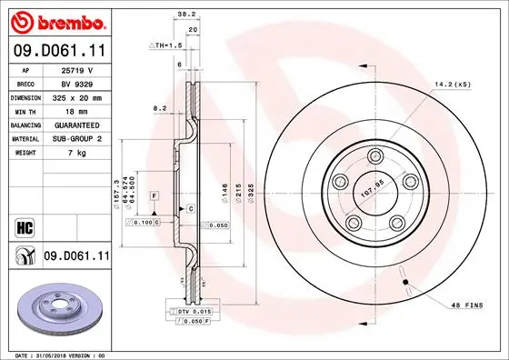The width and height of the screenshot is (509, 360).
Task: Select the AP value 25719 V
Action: coord(76,69)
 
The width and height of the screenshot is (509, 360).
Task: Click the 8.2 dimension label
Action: coord(161,107)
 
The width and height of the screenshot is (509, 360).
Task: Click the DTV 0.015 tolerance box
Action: coord(192,312)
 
